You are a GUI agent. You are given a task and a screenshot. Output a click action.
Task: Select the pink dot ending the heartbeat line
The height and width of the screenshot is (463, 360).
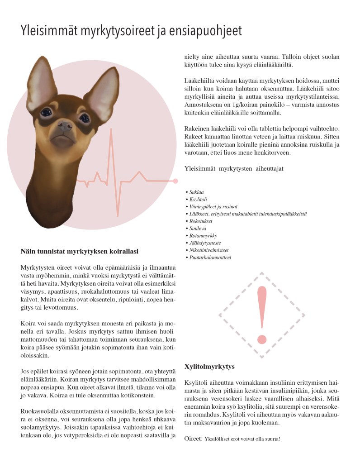coord(175,181)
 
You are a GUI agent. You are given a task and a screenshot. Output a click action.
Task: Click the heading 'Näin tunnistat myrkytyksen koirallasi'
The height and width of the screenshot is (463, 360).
coord(80,251)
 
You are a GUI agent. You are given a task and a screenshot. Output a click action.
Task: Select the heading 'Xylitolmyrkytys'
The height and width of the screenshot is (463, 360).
coord(209,366)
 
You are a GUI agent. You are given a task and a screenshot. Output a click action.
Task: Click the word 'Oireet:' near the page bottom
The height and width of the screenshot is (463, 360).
coord(194,439)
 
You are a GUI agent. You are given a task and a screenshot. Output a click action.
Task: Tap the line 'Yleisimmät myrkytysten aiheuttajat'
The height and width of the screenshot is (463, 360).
coord(234,169)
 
